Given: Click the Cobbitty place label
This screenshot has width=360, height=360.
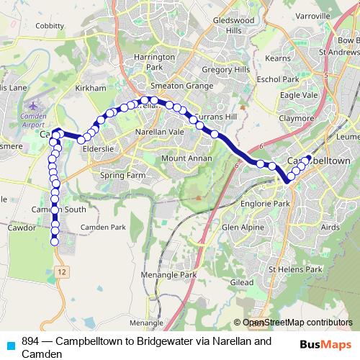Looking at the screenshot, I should coord(49,24).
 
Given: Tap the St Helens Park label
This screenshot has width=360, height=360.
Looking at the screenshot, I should coord(295,269).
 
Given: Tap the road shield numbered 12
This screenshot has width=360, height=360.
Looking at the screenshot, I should coord(63,271).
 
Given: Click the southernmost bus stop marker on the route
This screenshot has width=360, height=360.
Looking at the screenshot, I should coord(55,243).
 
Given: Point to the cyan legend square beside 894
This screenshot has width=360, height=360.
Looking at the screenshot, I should coord(10,345).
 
